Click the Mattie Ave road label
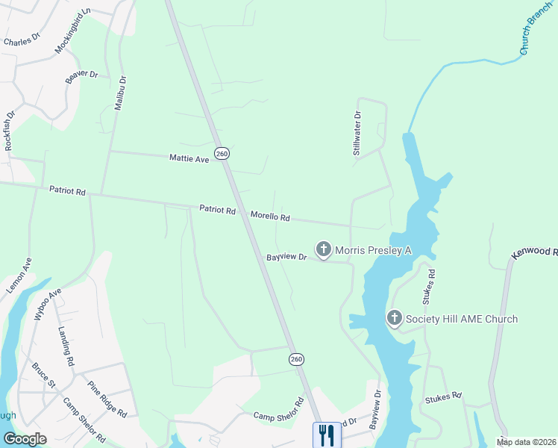pos(189,158)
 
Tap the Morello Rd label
pos(269,216)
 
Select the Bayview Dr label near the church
pos(286,257)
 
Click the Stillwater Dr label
pos(357,134)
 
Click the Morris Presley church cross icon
pos(323,249)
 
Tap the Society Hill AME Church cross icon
pos(394,319)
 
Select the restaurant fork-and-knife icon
pos(325,435)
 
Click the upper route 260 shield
pos(222,154)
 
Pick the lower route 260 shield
pos(297,359)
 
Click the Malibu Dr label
pos(120,93)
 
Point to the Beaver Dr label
pos(82,75)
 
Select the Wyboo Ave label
pos(48,305)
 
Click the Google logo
pos(25,438)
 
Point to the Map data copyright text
pos(526,442)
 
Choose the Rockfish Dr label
pos(10,131)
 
